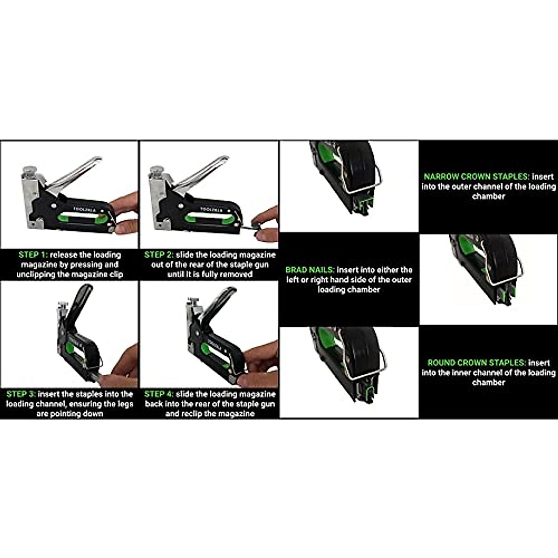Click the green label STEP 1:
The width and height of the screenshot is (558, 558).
(x=33, y=255)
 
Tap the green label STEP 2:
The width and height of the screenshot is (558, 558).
(x=159, y=255)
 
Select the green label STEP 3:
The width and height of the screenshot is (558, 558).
(x=21, y=394)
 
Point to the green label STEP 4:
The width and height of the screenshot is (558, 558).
(x=159, y=394)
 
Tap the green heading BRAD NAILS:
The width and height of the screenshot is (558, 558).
(x=310, y=270)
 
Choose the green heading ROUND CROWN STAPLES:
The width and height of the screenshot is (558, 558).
(x=477, y=363)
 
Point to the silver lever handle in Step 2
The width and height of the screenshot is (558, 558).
(x=205, y=170)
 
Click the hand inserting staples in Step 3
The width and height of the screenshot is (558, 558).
(x=122, y=367)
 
